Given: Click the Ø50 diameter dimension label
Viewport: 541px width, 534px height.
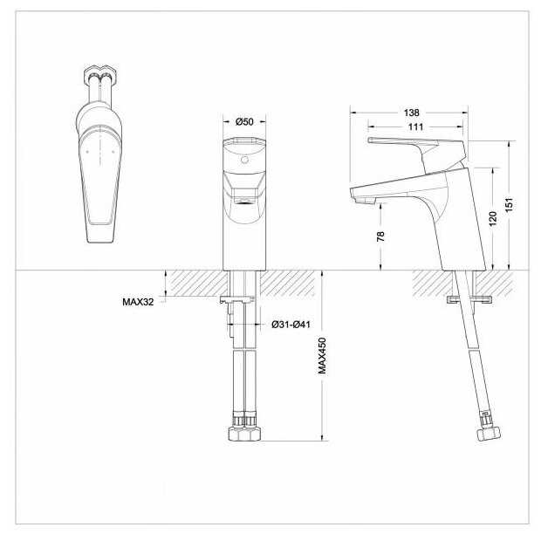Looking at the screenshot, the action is (x=244, y=122).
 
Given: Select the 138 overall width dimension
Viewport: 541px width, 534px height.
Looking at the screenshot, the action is (x=411, y=113).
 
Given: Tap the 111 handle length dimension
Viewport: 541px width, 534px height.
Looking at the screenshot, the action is (x=415, y=127).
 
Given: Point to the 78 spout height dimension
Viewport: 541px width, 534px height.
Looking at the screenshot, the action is (x=380, y=236).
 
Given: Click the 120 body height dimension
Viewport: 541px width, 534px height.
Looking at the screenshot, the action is (x=493, y=219).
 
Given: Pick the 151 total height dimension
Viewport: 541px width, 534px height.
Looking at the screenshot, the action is (x=510, y=205).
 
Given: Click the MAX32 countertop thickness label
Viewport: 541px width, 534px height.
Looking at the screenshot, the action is (x=138, y=302).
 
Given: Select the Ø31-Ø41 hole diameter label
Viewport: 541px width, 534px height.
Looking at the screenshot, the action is (x=291, y=325).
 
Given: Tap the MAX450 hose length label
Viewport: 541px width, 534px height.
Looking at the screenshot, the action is (x=322, y=355).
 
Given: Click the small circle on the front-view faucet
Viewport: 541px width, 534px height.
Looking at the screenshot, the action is (x=244, y=160).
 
